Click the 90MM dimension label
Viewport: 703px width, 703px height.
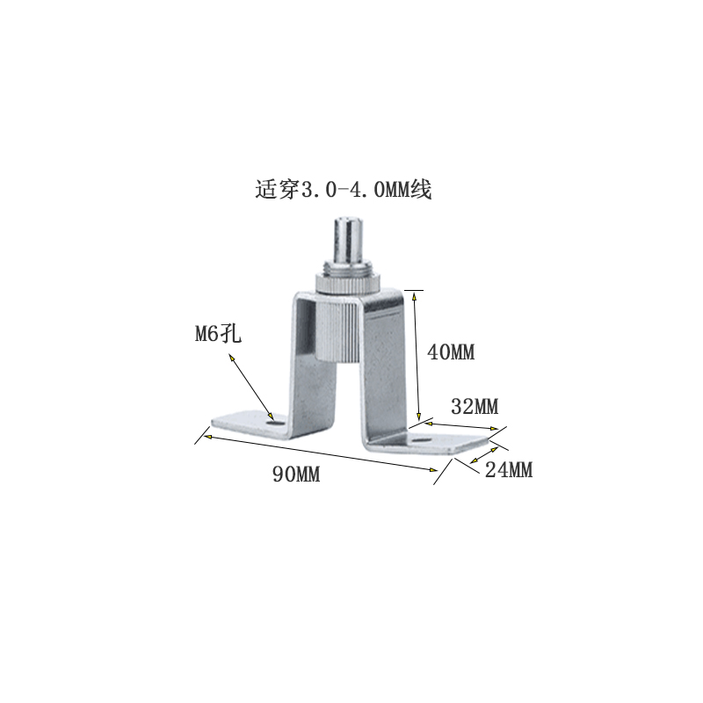coord(296,475)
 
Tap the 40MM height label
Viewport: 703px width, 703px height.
coord(450,352)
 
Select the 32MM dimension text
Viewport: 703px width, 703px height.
coord(475,407)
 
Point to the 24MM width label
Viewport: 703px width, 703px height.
coord(509,470)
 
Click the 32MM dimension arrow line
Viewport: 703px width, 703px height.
coord(460,425)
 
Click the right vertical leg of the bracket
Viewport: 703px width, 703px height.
coord(387,369)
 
